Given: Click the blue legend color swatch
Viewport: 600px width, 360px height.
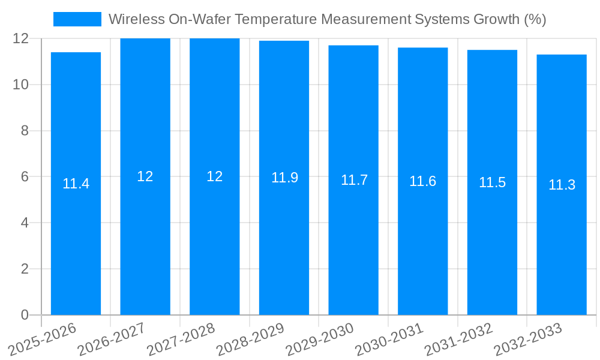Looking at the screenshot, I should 77,19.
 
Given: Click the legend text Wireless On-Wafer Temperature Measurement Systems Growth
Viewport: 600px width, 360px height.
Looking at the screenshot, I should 327,19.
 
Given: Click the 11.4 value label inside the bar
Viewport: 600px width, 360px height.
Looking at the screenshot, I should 76,184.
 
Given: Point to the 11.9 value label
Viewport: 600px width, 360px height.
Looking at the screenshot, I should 284,178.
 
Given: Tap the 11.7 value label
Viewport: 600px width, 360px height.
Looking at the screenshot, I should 354,180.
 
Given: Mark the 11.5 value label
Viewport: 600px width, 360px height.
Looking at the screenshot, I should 492,182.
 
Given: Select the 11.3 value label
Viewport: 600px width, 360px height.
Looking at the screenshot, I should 562,185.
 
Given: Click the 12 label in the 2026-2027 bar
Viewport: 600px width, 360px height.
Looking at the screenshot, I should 145,176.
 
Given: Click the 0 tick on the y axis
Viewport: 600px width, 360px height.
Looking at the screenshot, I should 25,315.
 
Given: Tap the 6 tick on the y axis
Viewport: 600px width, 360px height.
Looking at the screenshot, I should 25,177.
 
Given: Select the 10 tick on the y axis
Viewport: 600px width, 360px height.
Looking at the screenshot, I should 20,85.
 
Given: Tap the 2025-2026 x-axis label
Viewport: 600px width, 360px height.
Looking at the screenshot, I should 43,339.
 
